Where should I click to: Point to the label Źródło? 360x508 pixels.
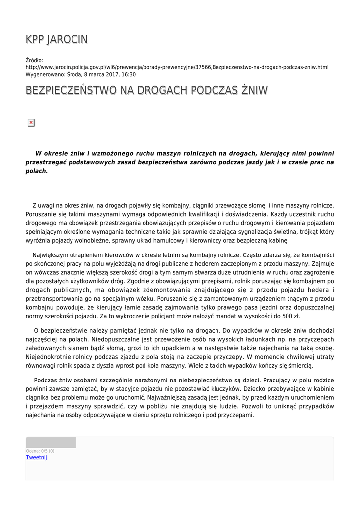pos(34,60)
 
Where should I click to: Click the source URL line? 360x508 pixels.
pos(177,67)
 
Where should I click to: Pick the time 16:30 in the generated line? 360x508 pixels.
pos(128,74)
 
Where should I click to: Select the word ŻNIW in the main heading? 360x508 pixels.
pos(254,90)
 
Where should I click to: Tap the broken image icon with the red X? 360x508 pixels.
pos(31,122)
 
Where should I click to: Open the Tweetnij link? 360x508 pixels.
pos(36,457)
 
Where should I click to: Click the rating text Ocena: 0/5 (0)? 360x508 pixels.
pos(40,451)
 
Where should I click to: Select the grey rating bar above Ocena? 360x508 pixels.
pos(51,443)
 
